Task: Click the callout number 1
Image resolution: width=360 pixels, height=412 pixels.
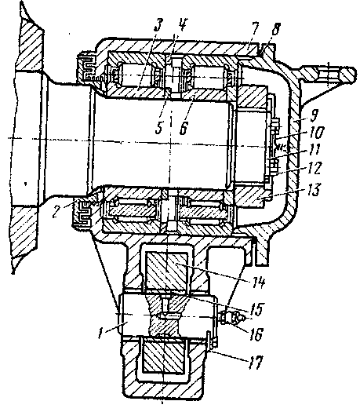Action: point(100,333)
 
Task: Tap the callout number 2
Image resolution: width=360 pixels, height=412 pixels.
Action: point(56,210)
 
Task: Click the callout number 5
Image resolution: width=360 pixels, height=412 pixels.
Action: point(158,127)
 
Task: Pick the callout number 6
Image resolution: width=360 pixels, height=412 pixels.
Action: point(184,127)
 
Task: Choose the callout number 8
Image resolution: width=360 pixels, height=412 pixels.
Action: point(275,30)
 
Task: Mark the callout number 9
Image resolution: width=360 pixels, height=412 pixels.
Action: point(314,115)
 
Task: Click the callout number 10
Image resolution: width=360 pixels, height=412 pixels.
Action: point(316,133)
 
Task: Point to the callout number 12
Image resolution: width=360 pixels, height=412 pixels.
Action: point(314,168)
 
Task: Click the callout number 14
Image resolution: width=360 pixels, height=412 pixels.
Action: point(257,283)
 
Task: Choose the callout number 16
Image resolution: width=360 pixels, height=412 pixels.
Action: point(256,334)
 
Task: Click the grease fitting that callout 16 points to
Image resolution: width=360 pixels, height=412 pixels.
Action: point(233,318)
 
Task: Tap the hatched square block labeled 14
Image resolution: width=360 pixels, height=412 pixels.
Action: point(167,272)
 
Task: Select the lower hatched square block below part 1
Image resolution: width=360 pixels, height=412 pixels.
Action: point(163,356)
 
